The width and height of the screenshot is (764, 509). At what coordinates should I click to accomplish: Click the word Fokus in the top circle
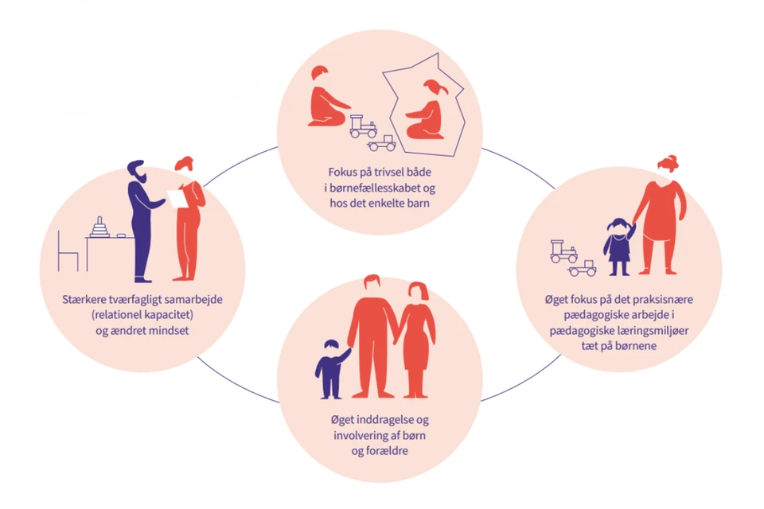(x=344, y=172)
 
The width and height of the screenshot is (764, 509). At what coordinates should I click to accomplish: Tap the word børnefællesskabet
(x=375, y=188)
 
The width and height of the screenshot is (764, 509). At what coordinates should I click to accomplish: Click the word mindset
(x=169, y=330)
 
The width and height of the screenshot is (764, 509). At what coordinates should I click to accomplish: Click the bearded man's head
(x=136, y=172)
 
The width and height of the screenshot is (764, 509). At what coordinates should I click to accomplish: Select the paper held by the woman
(x=176, y=198)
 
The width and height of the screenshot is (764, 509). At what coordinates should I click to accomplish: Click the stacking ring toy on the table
(x=99, y=227)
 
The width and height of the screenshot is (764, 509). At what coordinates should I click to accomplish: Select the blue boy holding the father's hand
(x=332, y=368)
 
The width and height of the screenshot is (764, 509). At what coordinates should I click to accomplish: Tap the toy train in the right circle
(x=563, y=251)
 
